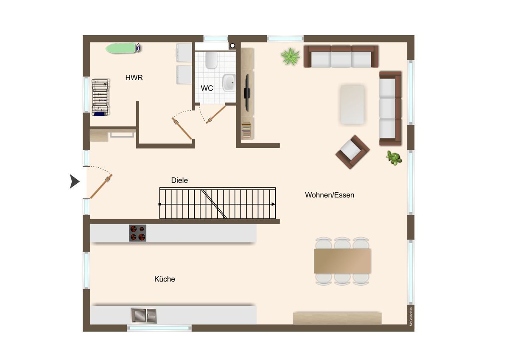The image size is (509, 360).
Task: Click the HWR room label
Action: (134, 78)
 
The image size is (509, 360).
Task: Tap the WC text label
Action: (207, 88)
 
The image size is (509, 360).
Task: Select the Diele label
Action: (179, 180)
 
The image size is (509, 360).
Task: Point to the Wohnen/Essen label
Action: (330, 195)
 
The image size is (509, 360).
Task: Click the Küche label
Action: (165, 279)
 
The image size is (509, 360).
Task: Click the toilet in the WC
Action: (211, 60)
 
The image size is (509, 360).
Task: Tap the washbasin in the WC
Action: (229, 82)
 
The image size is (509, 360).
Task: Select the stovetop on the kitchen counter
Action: (138, 233)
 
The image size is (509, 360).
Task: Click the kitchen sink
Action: (144, 315)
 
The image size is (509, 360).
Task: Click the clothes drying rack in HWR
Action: (100, 97)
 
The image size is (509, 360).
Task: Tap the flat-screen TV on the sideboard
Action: (247, 93)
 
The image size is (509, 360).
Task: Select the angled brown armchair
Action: (352, 152)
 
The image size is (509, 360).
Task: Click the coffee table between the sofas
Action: (352, 104)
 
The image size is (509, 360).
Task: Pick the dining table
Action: (342, 261)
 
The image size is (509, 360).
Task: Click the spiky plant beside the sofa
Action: (290, 56)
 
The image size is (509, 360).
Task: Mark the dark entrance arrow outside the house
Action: (75, 181)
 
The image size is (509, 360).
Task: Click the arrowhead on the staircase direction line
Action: (273, 204)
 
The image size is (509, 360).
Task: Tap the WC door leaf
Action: (216, 115)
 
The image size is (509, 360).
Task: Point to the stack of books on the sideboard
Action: (246, 130)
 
